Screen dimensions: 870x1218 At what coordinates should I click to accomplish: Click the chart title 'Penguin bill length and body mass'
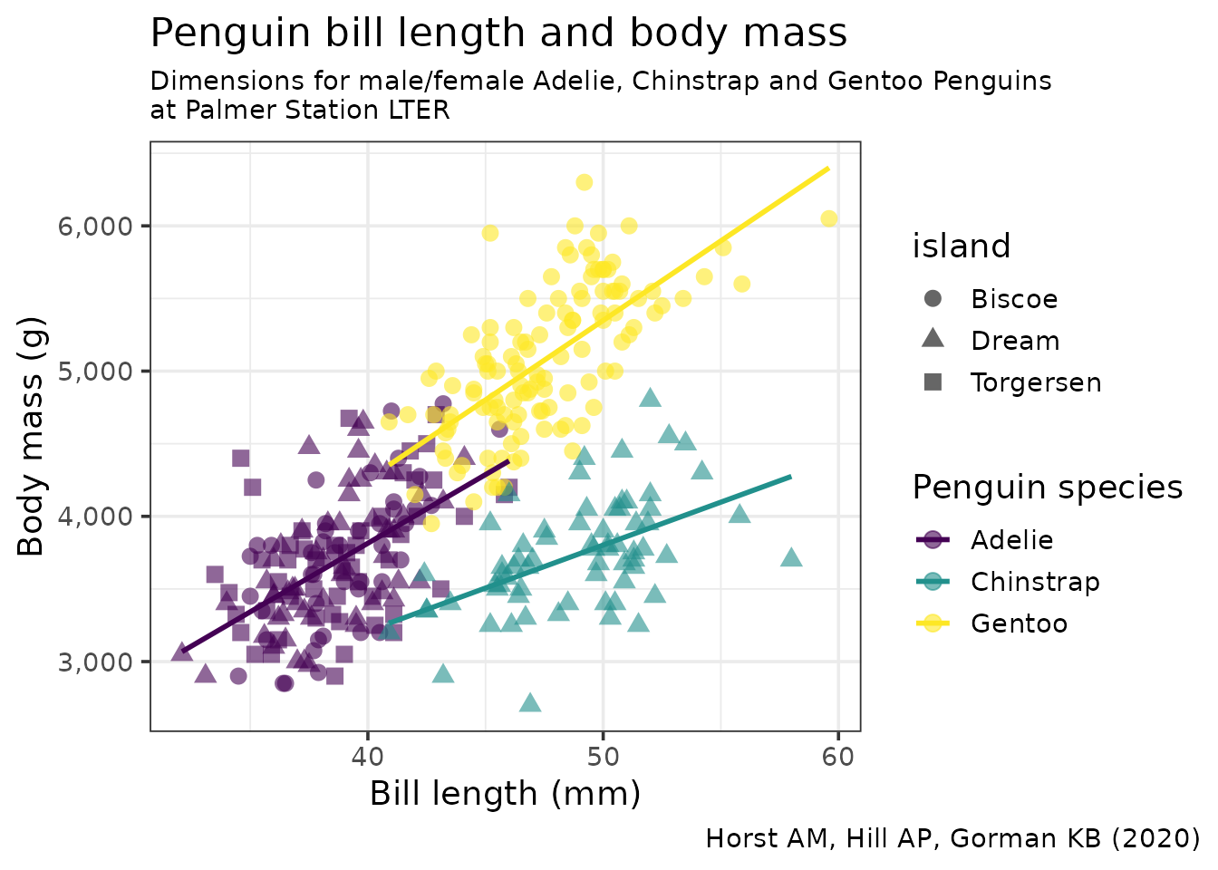(498, 34)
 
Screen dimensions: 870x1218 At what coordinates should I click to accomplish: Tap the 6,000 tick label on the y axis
(95, 226)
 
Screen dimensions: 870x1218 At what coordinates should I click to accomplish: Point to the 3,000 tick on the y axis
(95, 662)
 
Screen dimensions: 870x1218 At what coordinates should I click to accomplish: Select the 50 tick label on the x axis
(603, 756)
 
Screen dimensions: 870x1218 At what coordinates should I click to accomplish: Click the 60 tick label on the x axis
(838, 756)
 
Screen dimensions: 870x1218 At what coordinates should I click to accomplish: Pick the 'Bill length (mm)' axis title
(505, 794)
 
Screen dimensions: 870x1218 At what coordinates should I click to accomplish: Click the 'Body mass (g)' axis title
(31, 436)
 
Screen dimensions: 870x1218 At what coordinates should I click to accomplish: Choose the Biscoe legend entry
(1013, 299)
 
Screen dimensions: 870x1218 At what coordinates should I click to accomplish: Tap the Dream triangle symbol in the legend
(933, 340)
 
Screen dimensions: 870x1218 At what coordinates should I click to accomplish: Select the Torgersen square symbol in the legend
(933, 382)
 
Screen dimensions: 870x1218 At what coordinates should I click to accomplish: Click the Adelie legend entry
(1011, 540)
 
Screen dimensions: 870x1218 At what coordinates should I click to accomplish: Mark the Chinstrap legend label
(1035, 582)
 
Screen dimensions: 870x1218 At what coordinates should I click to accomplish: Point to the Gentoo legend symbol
(933, 623)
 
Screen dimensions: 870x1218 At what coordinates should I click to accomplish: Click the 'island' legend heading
(961, 246)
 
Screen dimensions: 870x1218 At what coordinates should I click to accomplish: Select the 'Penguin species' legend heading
(1047, 488)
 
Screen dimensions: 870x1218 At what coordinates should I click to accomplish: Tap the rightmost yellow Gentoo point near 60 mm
(828, 218)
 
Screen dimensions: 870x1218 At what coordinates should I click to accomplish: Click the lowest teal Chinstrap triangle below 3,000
(530, 703)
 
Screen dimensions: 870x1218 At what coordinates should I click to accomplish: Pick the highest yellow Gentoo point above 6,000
(584, 182)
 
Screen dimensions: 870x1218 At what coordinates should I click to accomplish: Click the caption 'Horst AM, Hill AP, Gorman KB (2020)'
(952, 838)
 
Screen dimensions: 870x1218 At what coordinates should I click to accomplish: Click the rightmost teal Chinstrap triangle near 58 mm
(791, 557)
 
